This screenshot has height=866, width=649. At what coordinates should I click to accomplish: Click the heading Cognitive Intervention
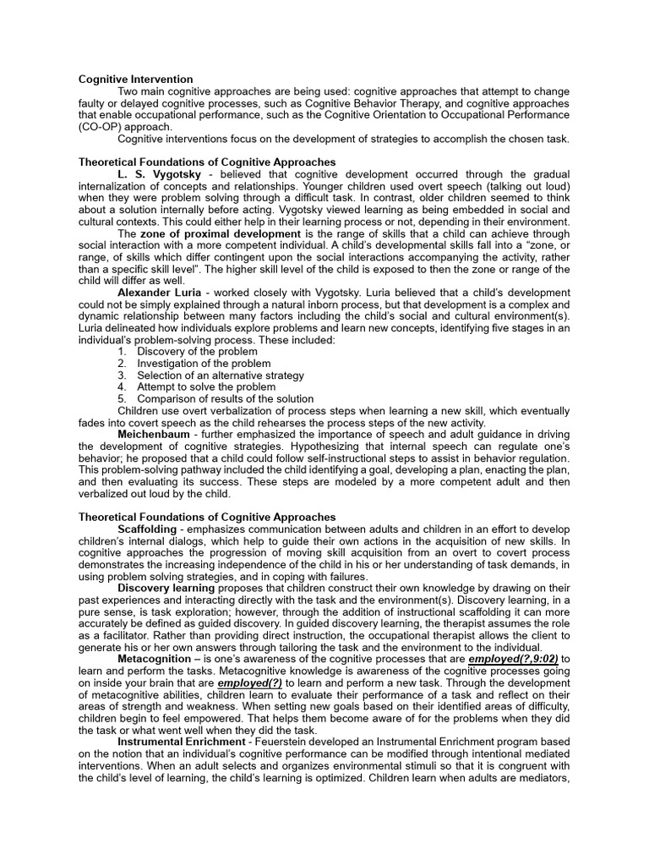[x=135, y=79]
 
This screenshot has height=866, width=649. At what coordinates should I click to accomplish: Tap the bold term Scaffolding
[x=148, y=529]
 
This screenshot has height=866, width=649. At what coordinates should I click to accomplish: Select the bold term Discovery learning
[x=169, y=587]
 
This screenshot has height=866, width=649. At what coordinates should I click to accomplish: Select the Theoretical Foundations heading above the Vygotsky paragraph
[x=206, y=162]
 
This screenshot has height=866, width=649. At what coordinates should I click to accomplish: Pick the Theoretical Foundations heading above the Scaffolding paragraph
[x=206, y=516]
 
